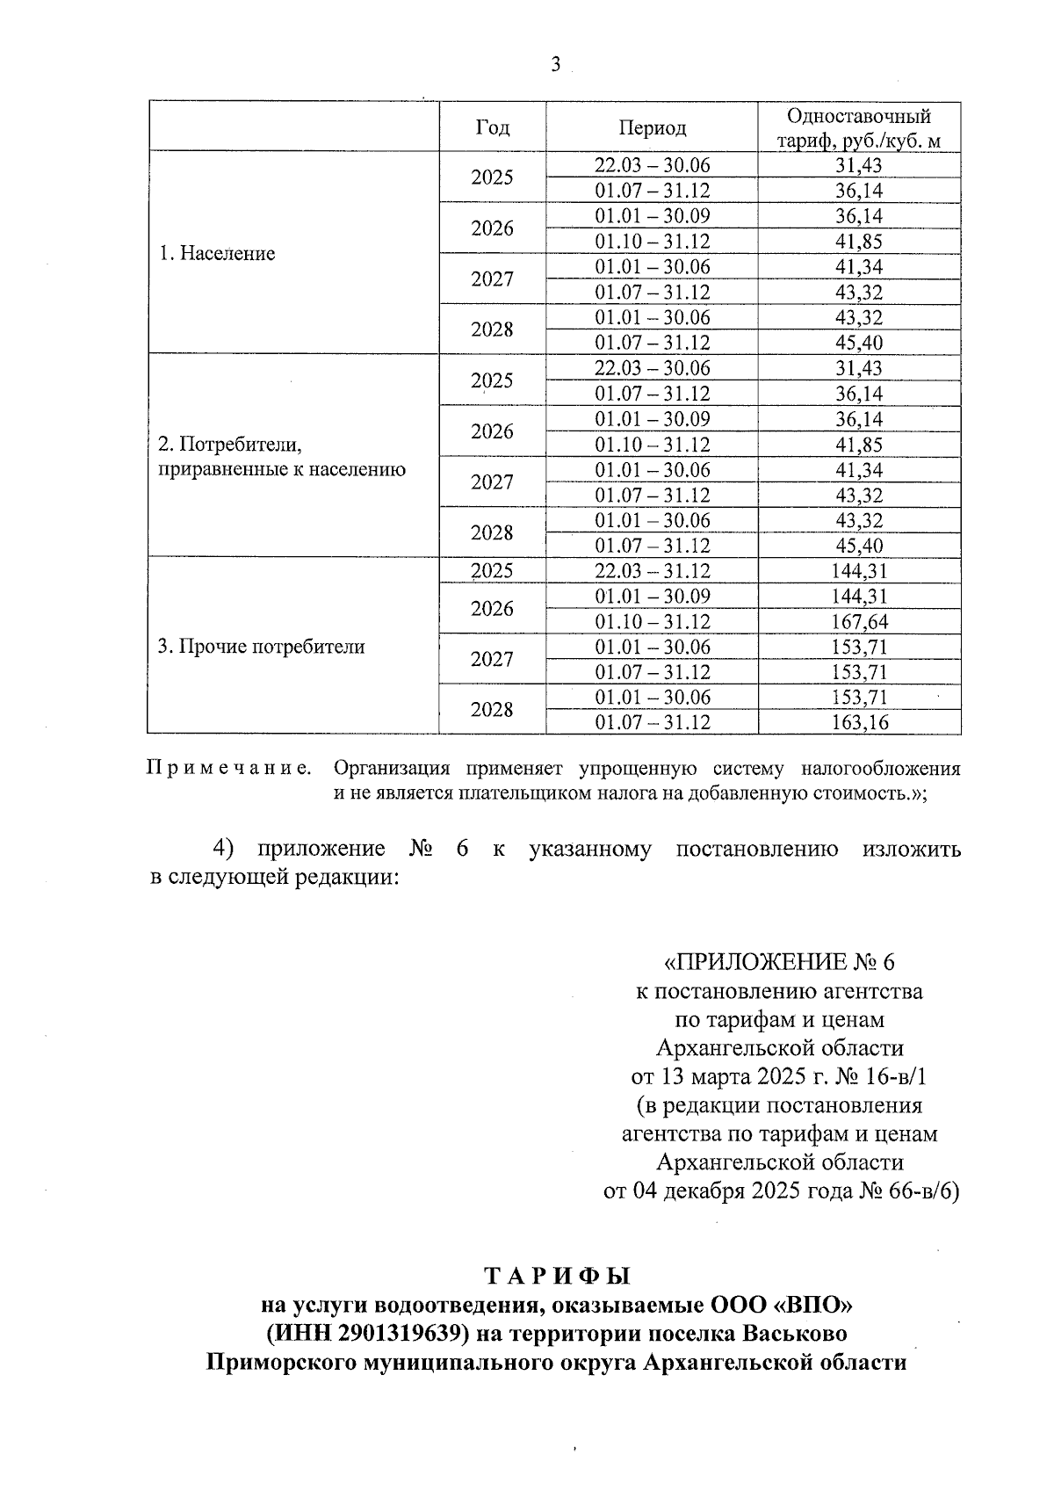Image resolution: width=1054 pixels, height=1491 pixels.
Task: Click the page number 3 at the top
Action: tap(555, 64)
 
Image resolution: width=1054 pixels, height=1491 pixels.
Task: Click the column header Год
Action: tap(492, 127)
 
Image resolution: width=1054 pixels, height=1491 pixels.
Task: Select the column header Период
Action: tap(652, 127)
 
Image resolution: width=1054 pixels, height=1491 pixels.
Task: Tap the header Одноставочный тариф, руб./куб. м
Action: tap(859, 128)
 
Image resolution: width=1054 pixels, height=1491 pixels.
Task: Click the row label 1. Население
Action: tap(217, 254)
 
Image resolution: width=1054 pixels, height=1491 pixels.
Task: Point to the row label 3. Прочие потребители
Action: tap(261, 648)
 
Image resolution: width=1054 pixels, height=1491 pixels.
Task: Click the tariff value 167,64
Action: tap(859, 622)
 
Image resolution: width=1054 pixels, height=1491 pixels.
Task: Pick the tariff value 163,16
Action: tap(859, 723)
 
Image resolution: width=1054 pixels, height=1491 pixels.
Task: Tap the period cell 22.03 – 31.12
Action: tap(652, 571)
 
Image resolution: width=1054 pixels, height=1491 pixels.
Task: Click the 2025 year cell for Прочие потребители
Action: tap(492, 571)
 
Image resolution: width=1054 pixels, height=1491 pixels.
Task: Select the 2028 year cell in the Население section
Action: tap(492, 329)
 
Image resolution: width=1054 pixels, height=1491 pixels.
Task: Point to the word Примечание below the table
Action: tap(228, 769)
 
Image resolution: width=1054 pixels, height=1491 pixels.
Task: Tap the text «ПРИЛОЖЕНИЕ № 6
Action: tap(779, 962)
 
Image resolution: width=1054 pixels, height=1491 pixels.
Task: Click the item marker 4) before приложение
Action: tap(226, 849)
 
